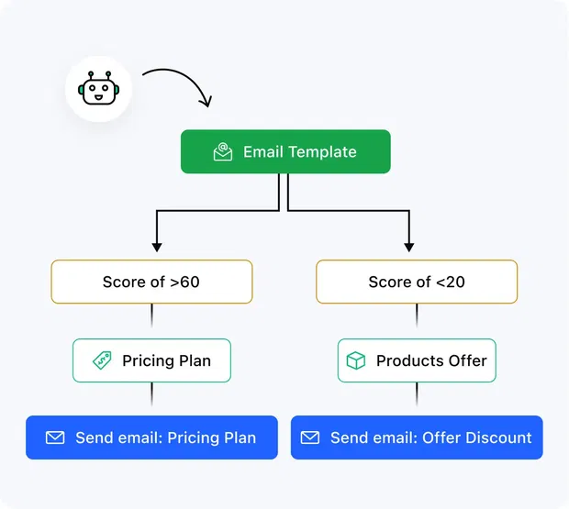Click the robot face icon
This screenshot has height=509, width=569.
coord(98,90)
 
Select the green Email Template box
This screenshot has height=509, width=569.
coord(285,152)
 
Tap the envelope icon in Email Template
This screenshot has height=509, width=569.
coord(223,152)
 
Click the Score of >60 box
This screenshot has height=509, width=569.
coord(151,282)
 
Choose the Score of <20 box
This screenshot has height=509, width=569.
coord(417,282)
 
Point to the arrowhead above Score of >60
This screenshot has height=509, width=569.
coord(156,246)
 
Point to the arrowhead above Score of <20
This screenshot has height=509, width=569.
coord(408,246)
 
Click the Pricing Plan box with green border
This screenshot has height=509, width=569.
coord(151,360)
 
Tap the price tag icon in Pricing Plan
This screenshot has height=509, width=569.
coord(102,360)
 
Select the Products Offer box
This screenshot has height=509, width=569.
coord(417,360)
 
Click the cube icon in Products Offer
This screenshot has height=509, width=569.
coord(356,360)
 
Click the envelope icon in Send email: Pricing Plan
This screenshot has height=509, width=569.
coord(55,437)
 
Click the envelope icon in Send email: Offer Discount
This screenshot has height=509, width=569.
coord(310,437)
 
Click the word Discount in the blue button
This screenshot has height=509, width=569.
coord(496,437)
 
